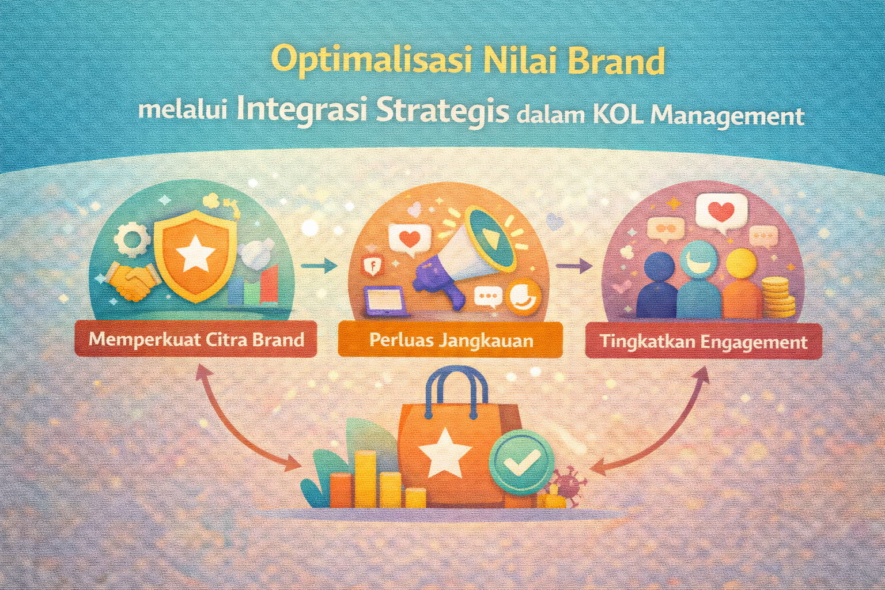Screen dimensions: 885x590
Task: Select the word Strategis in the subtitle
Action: click(x=442, y=111)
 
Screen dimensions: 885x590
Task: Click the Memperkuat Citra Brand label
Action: click(x=196, y=339)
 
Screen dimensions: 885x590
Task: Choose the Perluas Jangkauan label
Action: click(x=451, y=341)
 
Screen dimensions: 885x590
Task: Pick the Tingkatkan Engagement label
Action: click(x=704, y=342)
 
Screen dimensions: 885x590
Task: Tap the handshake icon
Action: click(x=131, y=281)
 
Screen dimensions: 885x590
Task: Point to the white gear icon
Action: click(x=132, y=238)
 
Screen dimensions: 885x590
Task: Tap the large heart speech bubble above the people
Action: click(x=721, y=213)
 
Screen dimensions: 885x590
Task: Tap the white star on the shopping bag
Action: click(x=445, y=453)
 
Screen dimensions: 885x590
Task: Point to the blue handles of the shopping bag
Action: click(x=456, y=392)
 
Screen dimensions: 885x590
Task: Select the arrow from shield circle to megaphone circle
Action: click(x=319, y=266)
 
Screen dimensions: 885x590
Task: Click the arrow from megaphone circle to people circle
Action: click(x=574, y=266)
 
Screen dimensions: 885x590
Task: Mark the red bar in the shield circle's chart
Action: click(x=270, y=283)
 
